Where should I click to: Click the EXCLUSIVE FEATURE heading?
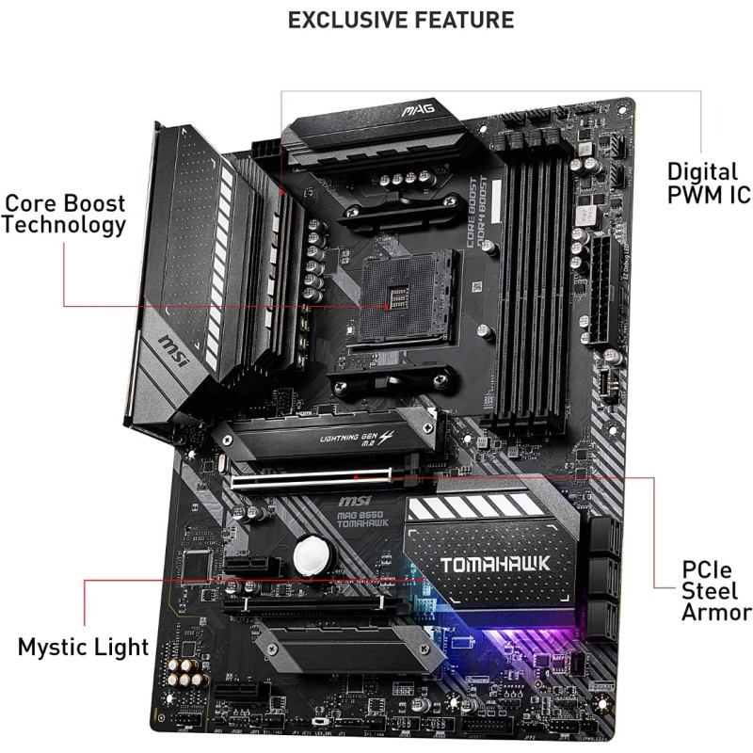click(400, 19)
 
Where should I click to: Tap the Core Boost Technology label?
click(64, 215)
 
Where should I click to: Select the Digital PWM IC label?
click(709, 184)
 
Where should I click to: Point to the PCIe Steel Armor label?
click(716, 592)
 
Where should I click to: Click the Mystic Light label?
click(84, 646)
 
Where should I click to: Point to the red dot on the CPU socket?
click(386, 307)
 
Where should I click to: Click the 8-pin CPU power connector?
click(266, 151)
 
